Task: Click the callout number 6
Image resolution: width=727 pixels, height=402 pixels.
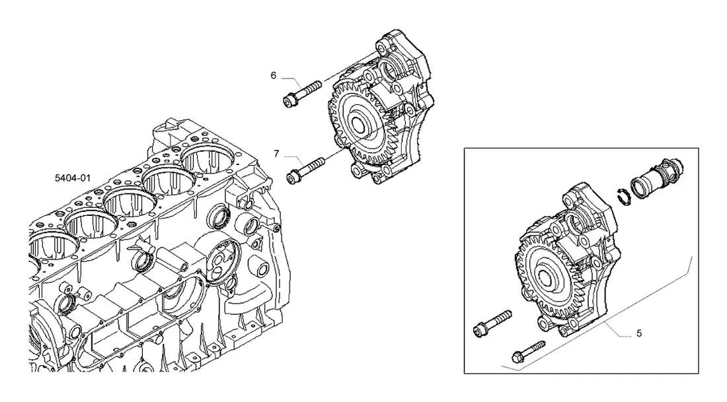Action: pyautogui.click(x=274, y=75)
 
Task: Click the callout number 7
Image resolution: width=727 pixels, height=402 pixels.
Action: pyautogui.click(x=277, y=153)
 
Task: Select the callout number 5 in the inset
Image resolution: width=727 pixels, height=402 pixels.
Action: pyautogui.click(x=639, y=333)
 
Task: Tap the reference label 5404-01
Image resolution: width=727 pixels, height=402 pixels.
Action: pyautogui.click(x=73, y=178)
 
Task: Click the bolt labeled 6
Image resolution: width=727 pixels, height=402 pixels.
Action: pyautogui.click(x=302, y=93)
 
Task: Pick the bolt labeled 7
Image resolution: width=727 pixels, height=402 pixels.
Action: pyautogui.click(x=306, y=170)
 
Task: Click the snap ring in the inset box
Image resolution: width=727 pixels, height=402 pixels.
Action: pyautogui.click(x=624, y=196)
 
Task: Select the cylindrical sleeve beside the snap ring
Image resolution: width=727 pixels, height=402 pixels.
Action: pyautogui.click(x=658, y=179)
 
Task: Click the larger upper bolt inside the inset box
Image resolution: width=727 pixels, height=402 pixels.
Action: pyautogui.click(x=492, y=322)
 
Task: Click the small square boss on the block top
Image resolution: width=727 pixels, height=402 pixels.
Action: pyautogui.click(x=171, y=124)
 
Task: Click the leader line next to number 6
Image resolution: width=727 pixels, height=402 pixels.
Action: pyautogui.click(x=288, y=79)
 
